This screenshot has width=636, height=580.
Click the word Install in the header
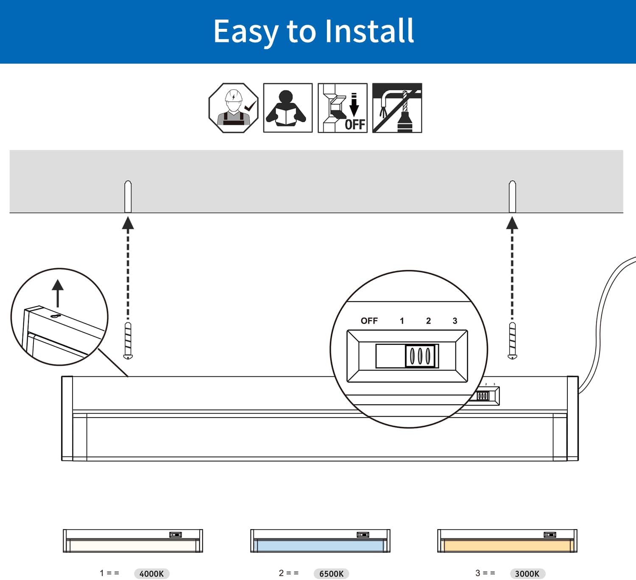click(x=369, y=31)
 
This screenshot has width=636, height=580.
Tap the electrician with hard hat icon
click(x=233, y=108)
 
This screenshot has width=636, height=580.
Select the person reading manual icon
click(x=287, y=108)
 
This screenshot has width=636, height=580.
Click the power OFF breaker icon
click(x=343, y=108)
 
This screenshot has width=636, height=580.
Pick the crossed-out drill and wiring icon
click(x=397, y=108)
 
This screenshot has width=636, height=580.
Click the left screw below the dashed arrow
click(x=128, y=341)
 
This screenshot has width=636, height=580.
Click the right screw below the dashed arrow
click(x=512, y=341)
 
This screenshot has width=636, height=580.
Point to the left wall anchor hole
click(x=128, y=196)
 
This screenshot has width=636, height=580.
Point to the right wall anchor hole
click(x=512, y=196)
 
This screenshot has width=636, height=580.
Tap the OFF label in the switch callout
click(x=369, y=321)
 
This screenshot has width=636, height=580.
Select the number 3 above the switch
click(x=455, y=321)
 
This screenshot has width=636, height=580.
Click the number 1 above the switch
click(x=402, y=321)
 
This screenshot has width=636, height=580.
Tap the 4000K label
click(x=152, y=574)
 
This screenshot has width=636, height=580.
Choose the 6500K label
click(x=331, y=574)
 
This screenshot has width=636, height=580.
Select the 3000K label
click(x=527, y=574)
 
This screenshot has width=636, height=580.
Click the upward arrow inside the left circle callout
click(x=58, y=292)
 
